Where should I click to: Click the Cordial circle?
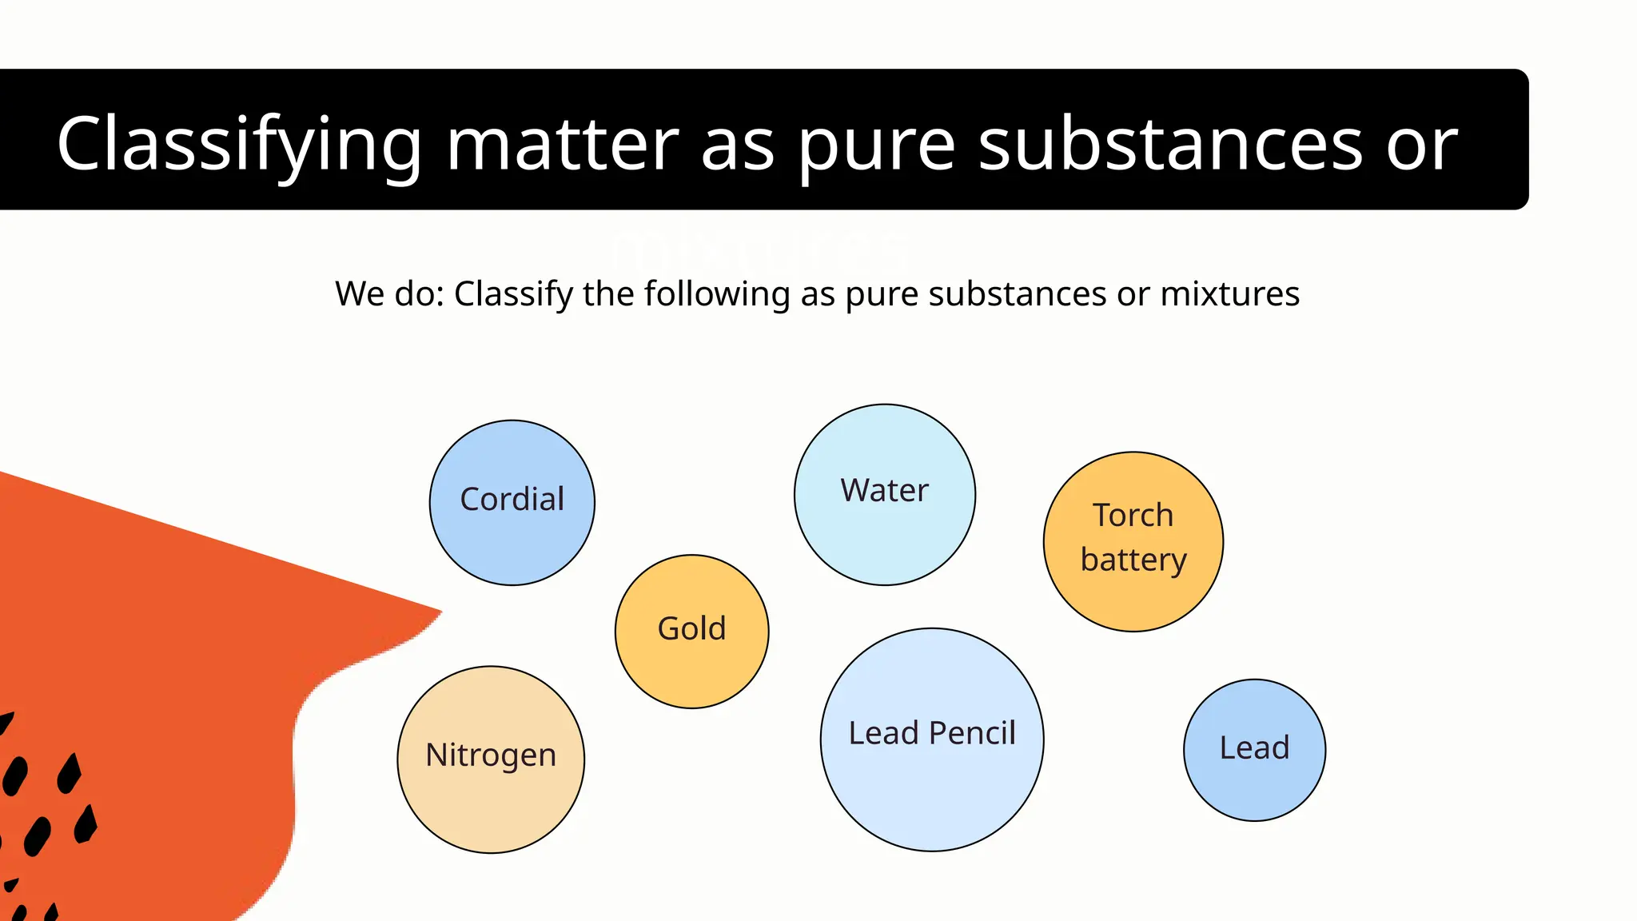(512, 502)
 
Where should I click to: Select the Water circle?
(884, 494)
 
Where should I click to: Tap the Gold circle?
(691, 631)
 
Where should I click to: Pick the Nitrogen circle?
(491, 759)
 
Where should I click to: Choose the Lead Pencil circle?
(931, 739)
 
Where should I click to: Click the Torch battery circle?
(1133, 541)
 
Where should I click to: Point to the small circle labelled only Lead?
(1254, 749)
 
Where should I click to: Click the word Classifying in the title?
(238, 144)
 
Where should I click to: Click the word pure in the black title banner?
(876, 148)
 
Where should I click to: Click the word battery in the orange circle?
(1133, 560)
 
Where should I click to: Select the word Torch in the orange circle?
(1133, 515)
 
